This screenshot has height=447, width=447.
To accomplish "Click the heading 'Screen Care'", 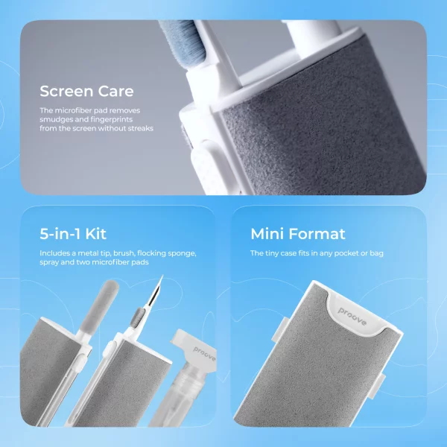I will coord(86,92).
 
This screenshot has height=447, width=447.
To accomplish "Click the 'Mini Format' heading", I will coord(297,234).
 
